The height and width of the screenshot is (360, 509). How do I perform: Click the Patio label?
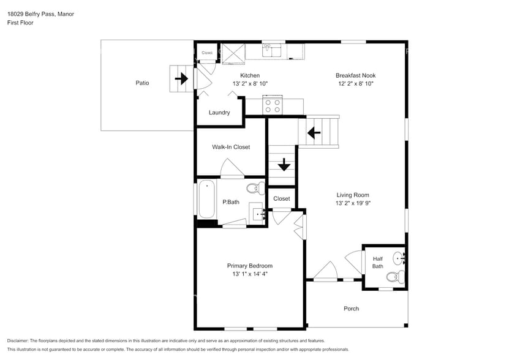coord(142,83)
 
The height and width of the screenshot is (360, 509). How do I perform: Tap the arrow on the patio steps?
coord(181,79)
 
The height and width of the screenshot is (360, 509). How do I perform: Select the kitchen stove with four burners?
coord(272,106)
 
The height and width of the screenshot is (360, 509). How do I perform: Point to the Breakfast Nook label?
coord(355,75)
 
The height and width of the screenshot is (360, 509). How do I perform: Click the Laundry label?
coord(219,113)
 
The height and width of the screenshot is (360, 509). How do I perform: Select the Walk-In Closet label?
coord(231,147)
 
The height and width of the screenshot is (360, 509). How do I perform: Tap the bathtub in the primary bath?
coord(207,200)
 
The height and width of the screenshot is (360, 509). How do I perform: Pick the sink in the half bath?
coord(399,257)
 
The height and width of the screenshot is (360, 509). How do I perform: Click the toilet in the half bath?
coord(393,277)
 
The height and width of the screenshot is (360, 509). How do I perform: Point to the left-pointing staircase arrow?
coord(315,132)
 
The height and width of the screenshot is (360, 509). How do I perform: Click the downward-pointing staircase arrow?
coord(284,165)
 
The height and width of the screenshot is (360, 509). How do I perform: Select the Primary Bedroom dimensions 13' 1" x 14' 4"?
coord(249,274)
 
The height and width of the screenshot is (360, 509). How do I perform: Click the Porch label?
coord(351,309)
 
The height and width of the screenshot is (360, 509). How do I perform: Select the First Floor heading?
coord(20,23)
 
